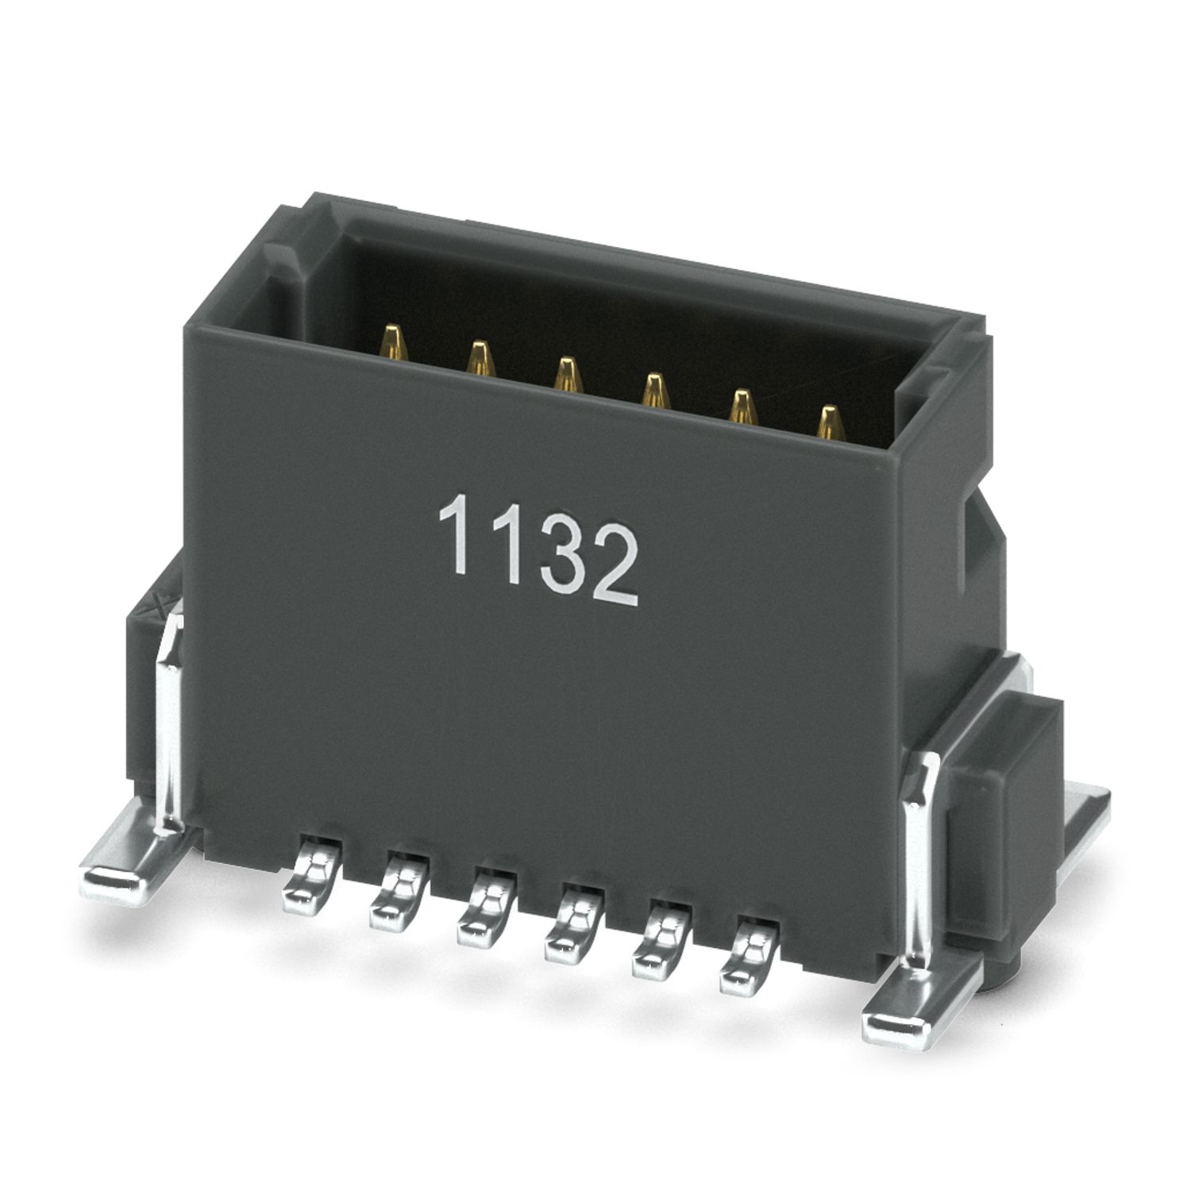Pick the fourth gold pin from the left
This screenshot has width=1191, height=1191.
[653, 391]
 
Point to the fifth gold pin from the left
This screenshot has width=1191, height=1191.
[741, 407]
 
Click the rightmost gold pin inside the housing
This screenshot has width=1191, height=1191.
[829, 424]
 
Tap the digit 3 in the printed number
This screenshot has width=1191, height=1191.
[553, 549]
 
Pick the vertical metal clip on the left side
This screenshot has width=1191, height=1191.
[171, 730]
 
